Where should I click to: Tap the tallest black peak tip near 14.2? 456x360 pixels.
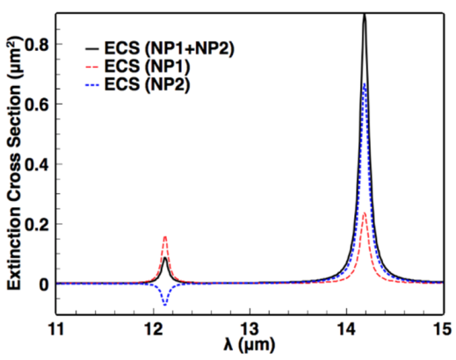pyautogui.click(x=364, y=15)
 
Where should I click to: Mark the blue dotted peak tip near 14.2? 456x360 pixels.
pyautogui.click(x=364, y=84)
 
